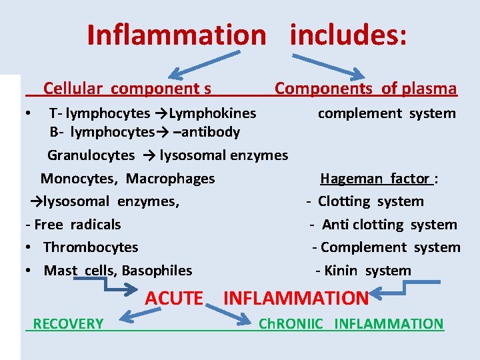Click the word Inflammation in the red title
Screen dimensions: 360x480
click(176, 35)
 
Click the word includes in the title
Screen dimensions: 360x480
click(347, 35)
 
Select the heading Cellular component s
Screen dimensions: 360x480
click(127, 88)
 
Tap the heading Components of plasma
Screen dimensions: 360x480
click(366, 88)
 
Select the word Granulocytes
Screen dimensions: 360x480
click(91, 155)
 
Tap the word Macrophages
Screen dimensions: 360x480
click(171, 179)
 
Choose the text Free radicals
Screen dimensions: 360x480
click(77, 225)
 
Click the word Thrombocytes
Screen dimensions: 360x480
click(91, 247)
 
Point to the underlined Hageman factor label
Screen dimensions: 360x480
click(375, 179)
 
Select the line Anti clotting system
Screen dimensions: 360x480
click(389, 225)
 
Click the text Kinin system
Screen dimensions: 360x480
click(367, 271)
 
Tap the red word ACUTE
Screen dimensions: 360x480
click(174, 298)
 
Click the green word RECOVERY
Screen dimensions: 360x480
click(68, 324)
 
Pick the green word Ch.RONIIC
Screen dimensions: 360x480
click(291, 324)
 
